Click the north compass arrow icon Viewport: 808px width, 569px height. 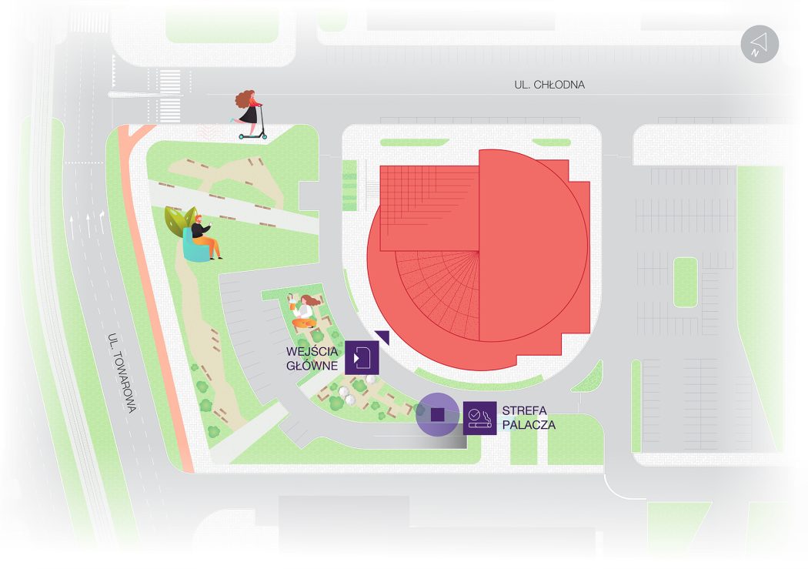[x=760, y=45]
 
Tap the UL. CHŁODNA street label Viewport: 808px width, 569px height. [x=549, y=85]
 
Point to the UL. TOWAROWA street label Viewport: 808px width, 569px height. [x=122, y=373]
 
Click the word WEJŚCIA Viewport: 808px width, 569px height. [x=312, y=352]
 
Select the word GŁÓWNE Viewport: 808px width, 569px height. [x=312, y=366]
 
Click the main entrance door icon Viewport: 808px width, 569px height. [x=362, y=357]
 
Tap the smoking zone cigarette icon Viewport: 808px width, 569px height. [x=479, y=418]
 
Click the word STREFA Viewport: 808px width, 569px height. [x=525, y=410]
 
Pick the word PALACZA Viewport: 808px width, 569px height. [x=529, y=425]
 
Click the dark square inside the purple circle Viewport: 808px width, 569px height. [x=438, y=414]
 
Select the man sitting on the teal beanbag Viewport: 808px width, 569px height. [x=205, y=238]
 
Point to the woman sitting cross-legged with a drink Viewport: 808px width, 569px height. [x=303, y=311]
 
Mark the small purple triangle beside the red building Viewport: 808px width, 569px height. [x=383, y=336]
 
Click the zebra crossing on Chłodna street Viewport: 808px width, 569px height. [x=170, y=96]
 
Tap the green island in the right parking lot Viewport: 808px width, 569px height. [x=686, y=283]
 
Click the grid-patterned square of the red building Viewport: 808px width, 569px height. [x=429, y=208]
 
